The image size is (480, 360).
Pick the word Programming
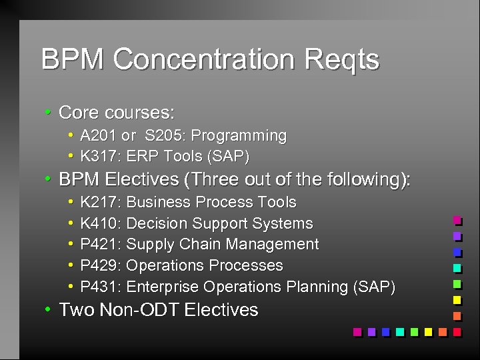[x=239, y=136]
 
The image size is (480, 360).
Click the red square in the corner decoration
[x=457, y=331]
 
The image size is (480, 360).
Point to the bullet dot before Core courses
[x=49, y=111]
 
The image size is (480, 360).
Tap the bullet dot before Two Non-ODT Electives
[x=49, y=309]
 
